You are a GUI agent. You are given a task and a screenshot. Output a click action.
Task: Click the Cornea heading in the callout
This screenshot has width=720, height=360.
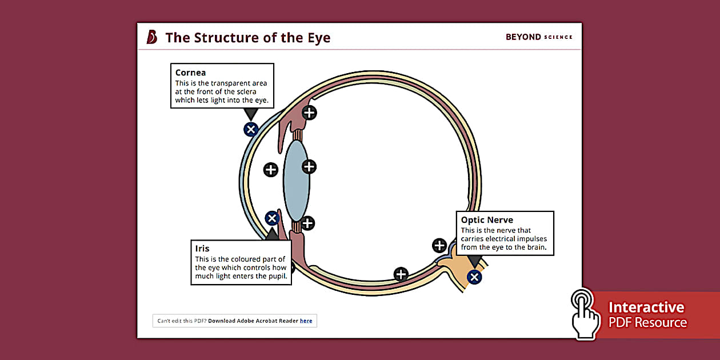190,73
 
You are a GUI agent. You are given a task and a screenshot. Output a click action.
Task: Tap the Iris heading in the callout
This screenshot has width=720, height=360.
202,249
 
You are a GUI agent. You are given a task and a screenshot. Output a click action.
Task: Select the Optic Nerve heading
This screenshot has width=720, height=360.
487,220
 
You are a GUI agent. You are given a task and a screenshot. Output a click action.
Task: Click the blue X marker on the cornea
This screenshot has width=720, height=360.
250,129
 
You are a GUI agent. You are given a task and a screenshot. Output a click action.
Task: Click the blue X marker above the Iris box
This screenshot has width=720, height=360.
272,218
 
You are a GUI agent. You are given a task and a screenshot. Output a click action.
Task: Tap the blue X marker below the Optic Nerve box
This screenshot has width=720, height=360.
474,277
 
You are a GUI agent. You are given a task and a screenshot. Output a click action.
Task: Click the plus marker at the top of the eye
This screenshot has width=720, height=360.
309,113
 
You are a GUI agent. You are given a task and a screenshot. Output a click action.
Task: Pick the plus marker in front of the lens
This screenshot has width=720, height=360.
270,169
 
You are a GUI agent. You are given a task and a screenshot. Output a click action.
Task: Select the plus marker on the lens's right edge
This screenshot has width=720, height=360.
309,166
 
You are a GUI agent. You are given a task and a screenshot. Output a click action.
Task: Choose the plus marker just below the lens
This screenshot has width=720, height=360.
308,223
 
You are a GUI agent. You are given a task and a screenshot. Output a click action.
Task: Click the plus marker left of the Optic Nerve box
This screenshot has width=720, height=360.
439,246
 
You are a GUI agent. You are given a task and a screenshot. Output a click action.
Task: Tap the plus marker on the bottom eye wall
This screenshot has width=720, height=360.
401,274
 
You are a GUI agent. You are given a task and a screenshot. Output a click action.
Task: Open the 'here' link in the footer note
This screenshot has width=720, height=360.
306,321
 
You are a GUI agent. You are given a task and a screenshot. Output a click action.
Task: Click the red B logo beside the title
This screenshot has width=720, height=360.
151,37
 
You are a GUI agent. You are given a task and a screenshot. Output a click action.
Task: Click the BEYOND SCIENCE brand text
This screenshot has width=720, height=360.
538,37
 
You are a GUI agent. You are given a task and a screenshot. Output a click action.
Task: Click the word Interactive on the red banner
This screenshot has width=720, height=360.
646,307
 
